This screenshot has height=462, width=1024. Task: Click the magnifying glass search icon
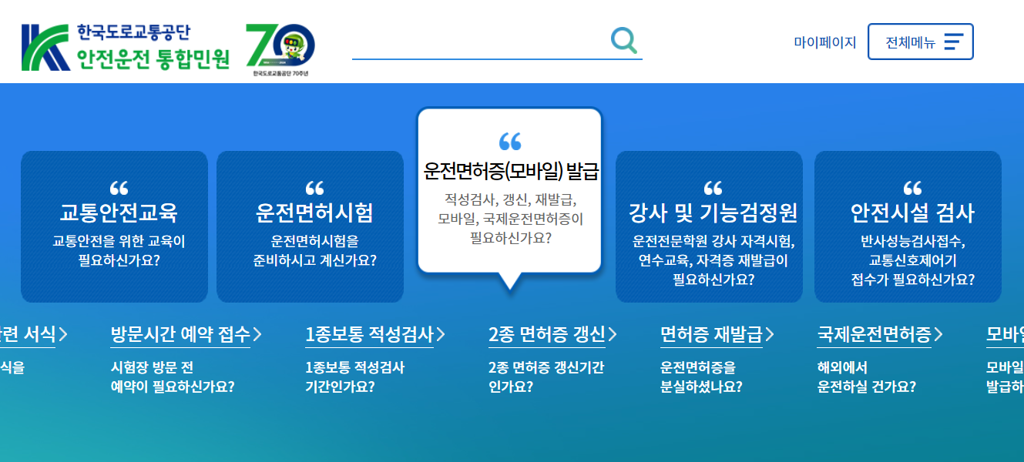pos(624,40)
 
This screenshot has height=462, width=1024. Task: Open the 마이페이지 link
pos(824,42)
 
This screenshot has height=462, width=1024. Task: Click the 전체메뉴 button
pos(920,42)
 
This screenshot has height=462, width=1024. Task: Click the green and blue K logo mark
pos(45,48)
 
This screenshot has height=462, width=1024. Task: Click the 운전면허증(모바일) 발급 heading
pos(511,171)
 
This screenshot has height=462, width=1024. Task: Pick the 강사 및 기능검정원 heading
pos(713,213)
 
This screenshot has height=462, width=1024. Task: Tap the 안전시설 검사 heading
pos(912,213)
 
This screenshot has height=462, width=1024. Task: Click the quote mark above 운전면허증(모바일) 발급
pos(510,141)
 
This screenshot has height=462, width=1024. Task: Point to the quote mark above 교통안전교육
pos(119,188)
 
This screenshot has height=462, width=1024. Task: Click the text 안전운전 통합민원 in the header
pos(153,59)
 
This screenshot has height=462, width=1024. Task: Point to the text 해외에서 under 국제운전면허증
pos(842,367)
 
